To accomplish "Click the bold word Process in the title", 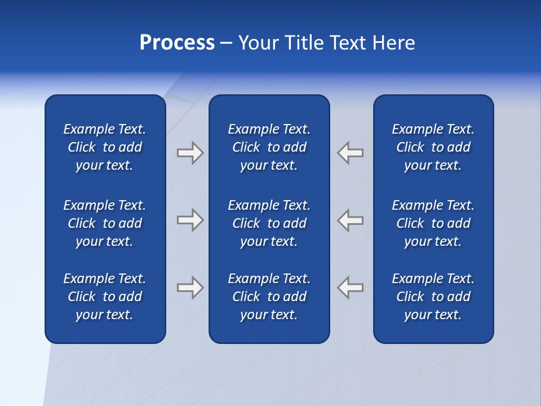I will pyautogui.click(x=177, y=43).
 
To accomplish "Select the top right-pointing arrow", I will pyautogui.click(x=190, y=152).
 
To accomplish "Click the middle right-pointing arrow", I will pyautogui.click(x=190, y=220).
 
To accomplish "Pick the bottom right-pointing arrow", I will pyautogui.click(x=190, y=287).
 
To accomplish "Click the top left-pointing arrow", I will pyautogui.click(x=351, y=152).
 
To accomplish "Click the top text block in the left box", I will pyautogui.click(x=105, y=147).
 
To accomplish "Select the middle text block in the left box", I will pyautogui.click(x=105, y=223).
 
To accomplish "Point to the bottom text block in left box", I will pyautogui.click(x=105, y=297).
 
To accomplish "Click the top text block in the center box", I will pyautogui.click(x=269, y=147).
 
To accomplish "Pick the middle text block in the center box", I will pyautogui.click(x=269, y=223).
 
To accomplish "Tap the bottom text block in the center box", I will pyautogui.click(x=269, y=297).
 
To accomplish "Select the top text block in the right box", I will pyautogui.click(x=433, y=147).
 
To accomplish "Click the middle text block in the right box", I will pyautogui.click(x=433, y=223).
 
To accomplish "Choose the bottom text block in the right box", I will pyautogui.click(x=433, y=297).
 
